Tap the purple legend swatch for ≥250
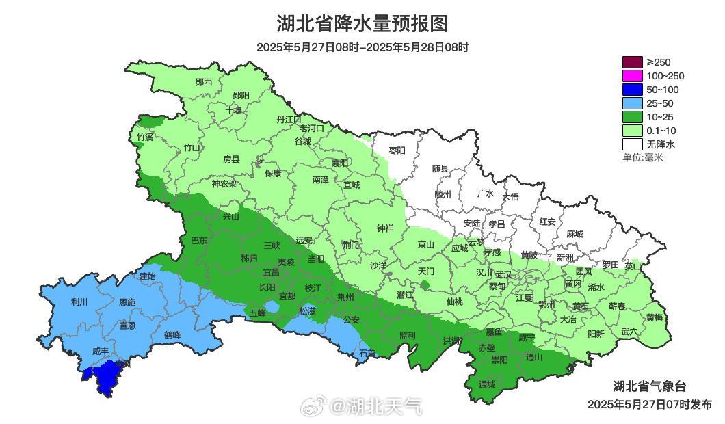tap(632, 62)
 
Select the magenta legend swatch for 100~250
tap(632, 76)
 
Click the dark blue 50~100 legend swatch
tap(632, 90)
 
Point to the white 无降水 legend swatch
tap(632, 144)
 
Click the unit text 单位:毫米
tap(642, 157)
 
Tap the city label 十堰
tap(234, 110)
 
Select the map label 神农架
tap(224, 183)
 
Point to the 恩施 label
tap(127, 302)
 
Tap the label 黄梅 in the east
tap(655, 317)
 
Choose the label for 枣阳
tap(397, 150)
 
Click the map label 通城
tap(487, 384)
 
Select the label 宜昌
tap(272, 271)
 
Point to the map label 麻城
tap(575, 233)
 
